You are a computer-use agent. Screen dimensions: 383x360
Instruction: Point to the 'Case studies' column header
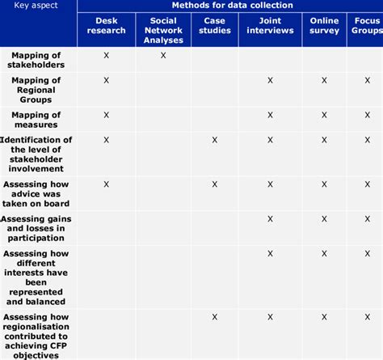click(x=215, y=26)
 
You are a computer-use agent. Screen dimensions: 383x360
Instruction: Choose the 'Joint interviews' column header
click(x=270, y=26)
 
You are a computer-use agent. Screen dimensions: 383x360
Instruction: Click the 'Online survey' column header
click(x=324, y=26)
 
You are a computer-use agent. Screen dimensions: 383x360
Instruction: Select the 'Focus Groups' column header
click(x=368, y=26)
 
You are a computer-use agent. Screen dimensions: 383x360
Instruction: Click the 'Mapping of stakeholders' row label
click(x=38, y=60)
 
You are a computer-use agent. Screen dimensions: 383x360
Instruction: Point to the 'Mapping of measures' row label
click(x=38, y=120)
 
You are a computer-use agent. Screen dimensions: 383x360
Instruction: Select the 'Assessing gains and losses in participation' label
click(x=38, y=228)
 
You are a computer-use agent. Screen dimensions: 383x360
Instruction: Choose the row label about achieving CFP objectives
click(x=38, y=333)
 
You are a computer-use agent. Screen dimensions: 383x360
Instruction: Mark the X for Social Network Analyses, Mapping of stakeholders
click(x=162, y=55)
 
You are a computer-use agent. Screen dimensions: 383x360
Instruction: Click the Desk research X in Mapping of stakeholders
click(x=106, y=55)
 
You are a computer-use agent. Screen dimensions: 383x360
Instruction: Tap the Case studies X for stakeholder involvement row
click(x=215, y=140)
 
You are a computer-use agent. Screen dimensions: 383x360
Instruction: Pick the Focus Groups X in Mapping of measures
click(x=368, y=115)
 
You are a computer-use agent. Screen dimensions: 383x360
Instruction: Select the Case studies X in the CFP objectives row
click(x=215, y=317)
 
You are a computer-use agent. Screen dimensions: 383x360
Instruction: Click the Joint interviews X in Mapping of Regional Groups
click(x=270, y=80)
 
